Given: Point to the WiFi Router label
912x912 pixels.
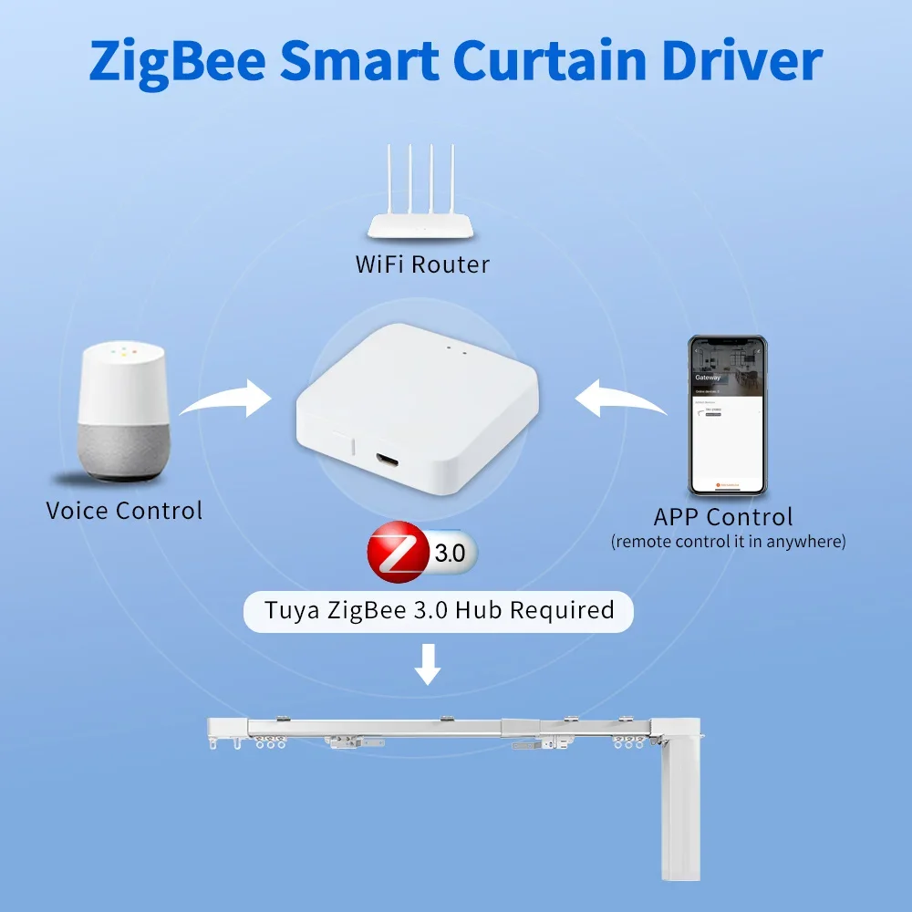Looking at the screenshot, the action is click(x=421, y=264).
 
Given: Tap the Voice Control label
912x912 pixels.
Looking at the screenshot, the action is click(x=124, y=510).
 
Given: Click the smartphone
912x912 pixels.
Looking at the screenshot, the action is click(x=727, y=415).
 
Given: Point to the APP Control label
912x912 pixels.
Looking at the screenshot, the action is click(x=723, y=517).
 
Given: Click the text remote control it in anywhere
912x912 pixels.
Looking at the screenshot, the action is click(x=728, y=542).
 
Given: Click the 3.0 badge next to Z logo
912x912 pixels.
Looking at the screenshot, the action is click(x=450, y=553).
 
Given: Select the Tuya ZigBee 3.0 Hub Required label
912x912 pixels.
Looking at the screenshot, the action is click(x=438, y=609).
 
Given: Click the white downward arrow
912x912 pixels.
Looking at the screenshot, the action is click(x=427, y=664).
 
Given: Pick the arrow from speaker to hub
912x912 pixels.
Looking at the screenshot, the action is click(x=228, y=398).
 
